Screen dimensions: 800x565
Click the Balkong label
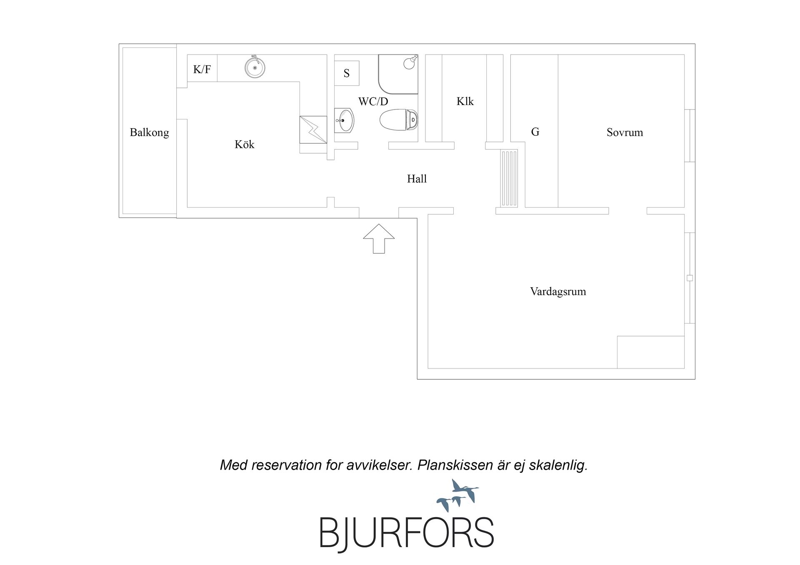click(149, 133)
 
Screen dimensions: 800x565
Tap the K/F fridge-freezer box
click(202, 68)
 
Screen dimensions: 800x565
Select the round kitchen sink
click(255, 67)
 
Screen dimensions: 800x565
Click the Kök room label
click(244, 144)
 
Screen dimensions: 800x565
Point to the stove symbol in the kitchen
click(313, 129)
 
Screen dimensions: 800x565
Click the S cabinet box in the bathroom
click(347, 73)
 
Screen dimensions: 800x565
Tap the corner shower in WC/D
click(398, 74)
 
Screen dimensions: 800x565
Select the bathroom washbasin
click(344, 120)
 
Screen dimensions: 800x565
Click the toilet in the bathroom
click(399, 120)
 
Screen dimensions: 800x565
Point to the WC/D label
click(373, 101)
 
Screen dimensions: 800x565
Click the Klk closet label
click(465, 101)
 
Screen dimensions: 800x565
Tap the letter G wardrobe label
click(535, 132)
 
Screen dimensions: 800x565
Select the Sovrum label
click(625, 132)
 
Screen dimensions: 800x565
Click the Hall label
click(417, 179)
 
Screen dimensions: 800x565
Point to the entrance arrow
click(379, 239)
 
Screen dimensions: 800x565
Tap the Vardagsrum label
click(558, 291)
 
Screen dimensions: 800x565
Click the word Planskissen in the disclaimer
click(455, 465)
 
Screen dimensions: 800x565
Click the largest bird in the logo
click(466, 491)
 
